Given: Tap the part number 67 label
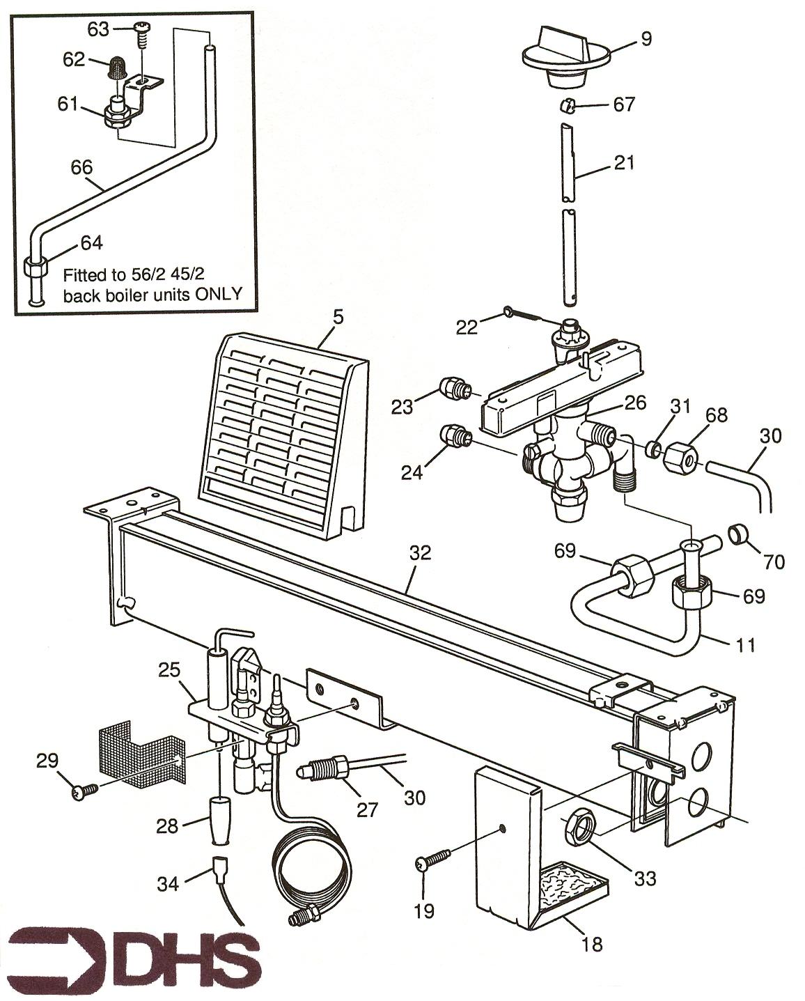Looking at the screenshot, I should (624, 104).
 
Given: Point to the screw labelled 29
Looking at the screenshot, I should (84, 790).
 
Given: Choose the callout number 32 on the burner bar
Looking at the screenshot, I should (420, 553).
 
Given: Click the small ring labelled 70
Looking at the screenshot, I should (738, 534).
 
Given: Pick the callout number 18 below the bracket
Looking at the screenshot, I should (593, 944).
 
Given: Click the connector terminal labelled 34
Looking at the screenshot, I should (220, 868).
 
